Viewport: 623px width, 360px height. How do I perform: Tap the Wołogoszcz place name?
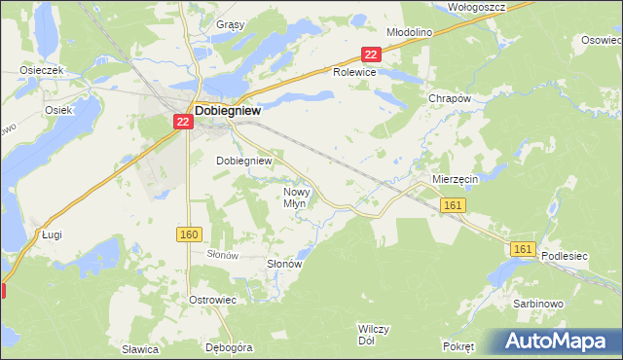coord(474,6)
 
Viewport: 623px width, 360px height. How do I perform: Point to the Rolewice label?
coord(354,72)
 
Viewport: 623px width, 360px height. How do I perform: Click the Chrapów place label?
coord(450,99)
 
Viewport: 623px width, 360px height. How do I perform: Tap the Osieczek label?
coord(42,71)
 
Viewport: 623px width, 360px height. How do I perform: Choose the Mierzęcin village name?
coord(453,180)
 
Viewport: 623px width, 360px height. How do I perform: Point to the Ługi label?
coord(53,234)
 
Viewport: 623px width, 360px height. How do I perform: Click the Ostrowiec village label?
coord(214,300)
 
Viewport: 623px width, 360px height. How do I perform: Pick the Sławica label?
coord(140,348)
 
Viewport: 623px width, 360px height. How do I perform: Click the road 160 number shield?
coord(189,234)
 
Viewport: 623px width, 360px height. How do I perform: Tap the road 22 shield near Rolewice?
coord(369,54)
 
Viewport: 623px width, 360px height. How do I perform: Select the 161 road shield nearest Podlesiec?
coord(522,250)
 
